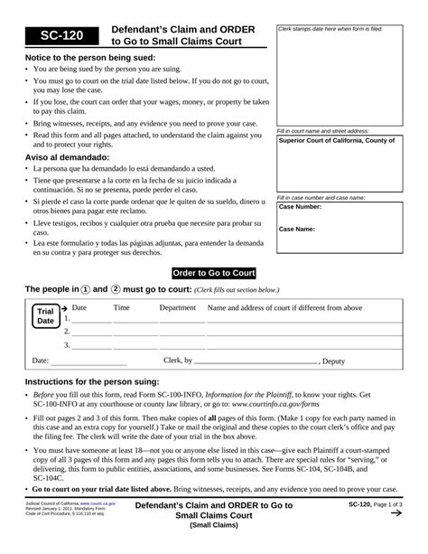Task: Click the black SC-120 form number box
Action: coord(52,35)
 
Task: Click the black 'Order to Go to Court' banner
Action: coord(214,273)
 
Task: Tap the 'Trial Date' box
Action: coord(45,316)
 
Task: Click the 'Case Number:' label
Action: coord(301,207)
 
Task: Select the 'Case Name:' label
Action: coord(297,229)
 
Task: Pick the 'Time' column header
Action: coord(121,308)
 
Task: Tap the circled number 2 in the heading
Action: coord(116,290)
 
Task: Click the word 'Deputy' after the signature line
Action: coord(334,361)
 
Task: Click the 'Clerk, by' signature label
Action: coord(178,361)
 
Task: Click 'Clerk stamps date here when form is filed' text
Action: coord(330,29)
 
